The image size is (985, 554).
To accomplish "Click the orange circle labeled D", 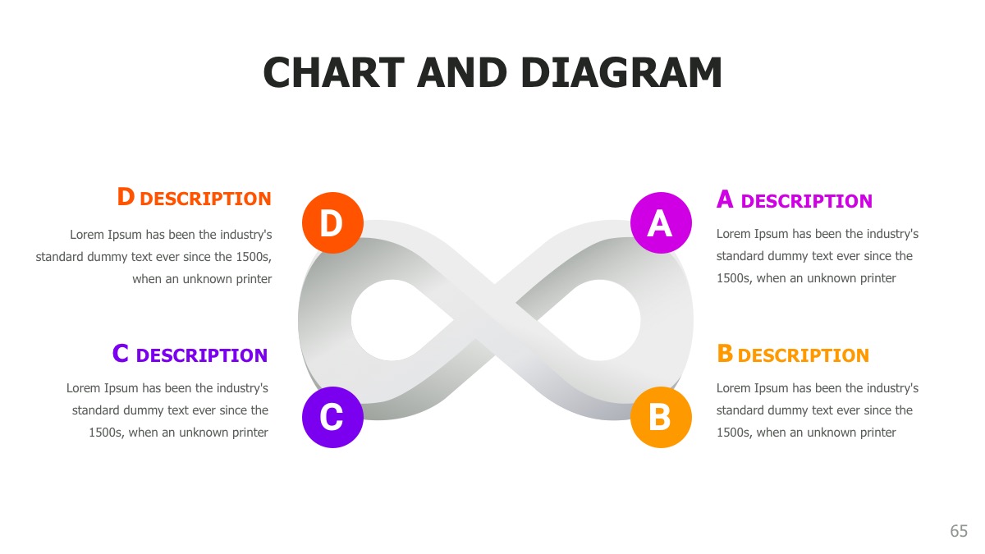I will pos(332,222).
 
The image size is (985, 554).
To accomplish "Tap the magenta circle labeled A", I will pos(661,222).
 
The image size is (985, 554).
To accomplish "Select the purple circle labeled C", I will pos(332,417).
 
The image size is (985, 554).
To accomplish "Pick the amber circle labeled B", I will pos(661,417).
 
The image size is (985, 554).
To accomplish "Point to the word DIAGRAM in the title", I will pos(621,73).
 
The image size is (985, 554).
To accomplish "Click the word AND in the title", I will pos(463,73).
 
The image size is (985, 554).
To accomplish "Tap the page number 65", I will pos(959,531).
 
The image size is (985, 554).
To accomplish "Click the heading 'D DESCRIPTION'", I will pos(194,198).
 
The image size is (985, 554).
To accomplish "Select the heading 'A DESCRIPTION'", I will pos(794,200).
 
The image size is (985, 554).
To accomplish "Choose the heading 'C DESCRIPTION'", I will pos(190,355).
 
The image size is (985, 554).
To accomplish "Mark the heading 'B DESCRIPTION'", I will pos(792,355).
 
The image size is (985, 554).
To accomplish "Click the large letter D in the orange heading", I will pos(126,197).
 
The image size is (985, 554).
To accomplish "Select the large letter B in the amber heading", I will pos(725,354).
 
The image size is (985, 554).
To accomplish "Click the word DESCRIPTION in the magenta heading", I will pos(806,201).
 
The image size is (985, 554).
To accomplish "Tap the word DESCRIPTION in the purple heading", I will pos(202,355).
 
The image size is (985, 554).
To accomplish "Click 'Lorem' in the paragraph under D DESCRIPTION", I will pos(87,235).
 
